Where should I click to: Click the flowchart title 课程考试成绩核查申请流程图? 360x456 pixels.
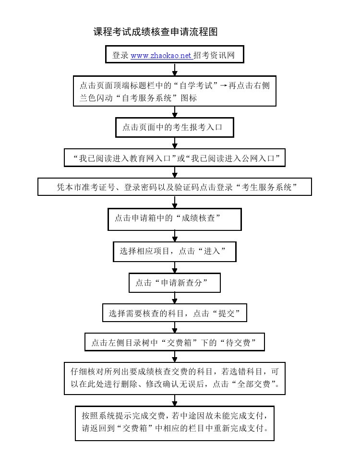(156, 32)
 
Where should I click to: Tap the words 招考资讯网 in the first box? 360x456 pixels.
(214, 55)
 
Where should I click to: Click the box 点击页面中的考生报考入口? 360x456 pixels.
(174, 127)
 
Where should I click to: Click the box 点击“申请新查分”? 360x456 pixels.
(174, 283)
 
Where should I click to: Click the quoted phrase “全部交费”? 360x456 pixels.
(254, 384)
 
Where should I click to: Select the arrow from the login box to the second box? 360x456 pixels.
(174, 70)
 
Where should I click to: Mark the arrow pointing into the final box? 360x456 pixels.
(174, 400)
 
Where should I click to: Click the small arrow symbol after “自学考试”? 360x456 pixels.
(223, 85)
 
